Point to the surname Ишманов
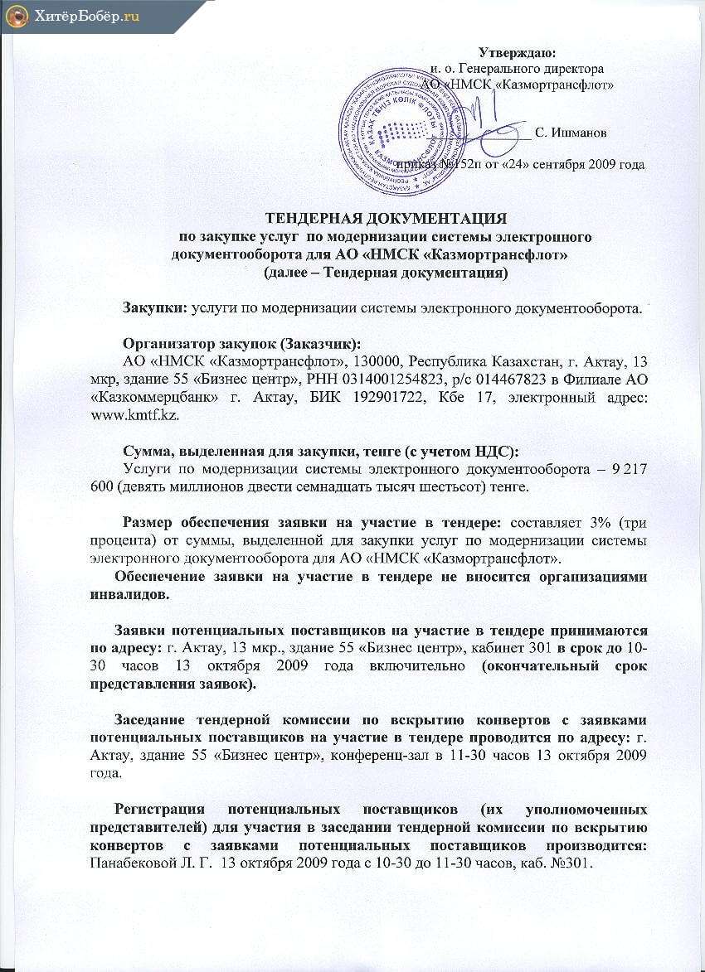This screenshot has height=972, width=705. click(571, 132)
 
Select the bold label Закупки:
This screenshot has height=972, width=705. click(154, 308)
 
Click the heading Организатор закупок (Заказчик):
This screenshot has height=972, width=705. click(241, 345)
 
